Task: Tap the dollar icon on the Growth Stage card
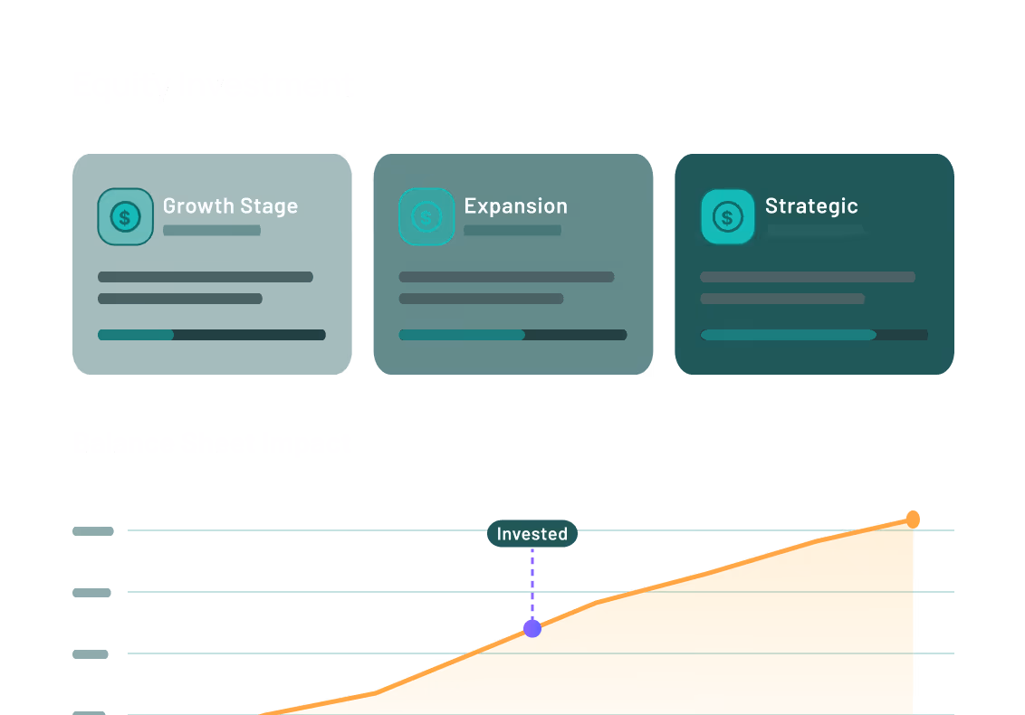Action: [125, 216]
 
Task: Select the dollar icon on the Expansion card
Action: [426, 216]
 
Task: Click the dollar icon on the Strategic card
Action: [727, 216]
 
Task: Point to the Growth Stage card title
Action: [230, 206]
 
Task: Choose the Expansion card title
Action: [515, 206]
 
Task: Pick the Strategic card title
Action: [811, 206]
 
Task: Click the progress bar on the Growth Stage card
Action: [211, 335]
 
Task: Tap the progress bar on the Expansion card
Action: [512, 335]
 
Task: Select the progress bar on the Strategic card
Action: [814, 335]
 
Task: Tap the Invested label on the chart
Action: [532, 534]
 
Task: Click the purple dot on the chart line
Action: [532, 628]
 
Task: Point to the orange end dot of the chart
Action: [913, 519]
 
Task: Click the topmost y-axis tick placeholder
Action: [92, 531]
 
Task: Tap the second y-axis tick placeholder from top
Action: [92, 593]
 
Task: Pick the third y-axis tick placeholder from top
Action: [91, 653]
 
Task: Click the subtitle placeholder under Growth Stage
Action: [212, 231]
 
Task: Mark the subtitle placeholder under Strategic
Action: [815, 231]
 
